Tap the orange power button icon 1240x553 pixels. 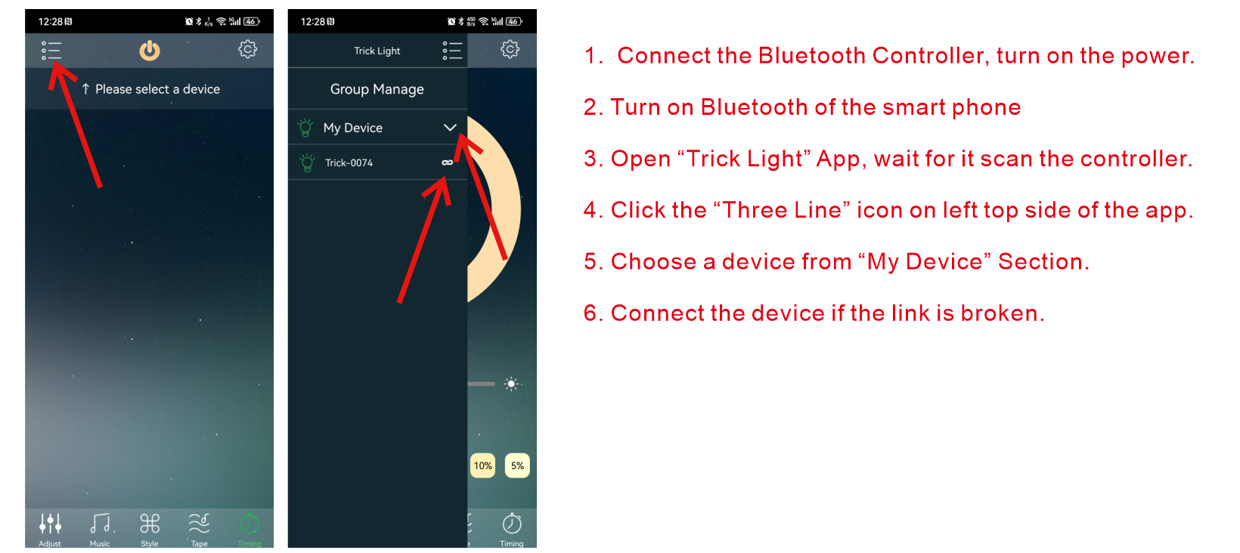coord(150,51)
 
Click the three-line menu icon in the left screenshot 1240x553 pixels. coord(51,51)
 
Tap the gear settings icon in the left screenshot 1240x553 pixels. coord(247,49)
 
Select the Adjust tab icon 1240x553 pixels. coord(51,523)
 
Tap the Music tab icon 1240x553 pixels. coord(101,523)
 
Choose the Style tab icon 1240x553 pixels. coord(150,523)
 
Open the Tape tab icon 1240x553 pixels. coord(200,523)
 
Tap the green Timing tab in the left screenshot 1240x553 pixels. coord(250,528)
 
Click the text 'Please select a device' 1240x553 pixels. coord(157,89)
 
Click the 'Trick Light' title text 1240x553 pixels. coord(377,51)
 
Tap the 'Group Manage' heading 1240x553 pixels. coord(377,89)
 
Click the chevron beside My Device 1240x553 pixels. coord(450,128)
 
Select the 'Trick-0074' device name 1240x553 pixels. coord(349,162)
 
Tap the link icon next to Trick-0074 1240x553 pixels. coord(448,162)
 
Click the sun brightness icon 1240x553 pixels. coord(511,384)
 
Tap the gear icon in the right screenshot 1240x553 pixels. coord(510,49)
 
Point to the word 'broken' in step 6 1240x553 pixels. coord(1001,313)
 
